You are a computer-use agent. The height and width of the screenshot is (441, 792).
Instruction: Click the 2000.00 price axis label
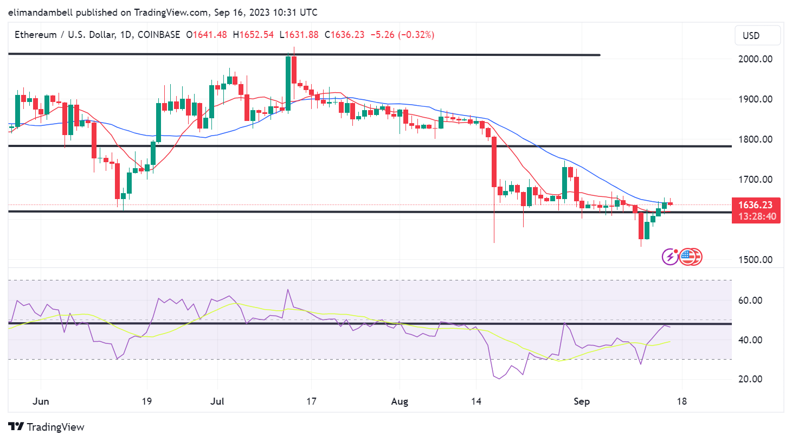click(x=755, y=59)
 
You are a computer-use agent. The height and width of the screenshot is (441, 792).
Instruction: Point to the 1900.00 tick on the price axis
click(x=755, y=99)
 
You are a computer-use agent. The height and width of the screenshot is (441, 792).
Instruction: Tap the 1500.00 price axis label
click(x=755, y=260)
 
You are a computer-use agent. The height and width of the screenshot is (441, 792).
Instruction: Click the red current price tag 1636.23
click(x=755, y=205)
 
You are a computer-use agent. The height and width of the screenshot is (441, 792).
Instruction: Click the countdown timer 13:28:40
click(x=757, y=216)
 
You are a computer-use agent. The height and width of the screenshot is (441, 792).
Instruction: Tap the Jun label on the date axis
click(x=41, y=401)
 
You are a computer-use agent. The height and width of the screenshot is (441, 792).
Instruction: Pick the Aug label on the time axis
click(x=400, y=401)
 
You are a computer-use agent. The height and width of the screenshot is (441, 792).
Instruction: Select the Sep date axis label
click(x=582, y=401)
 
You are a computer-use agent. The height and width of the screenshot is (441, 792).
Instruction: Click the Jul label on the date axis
click(x=217, y=401)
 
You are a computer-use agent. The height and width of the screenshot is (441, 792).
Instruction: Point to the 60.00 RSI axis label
click(x=750, y=301)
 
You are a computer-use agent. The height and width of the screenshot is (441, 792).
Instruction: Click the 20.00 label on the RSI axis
click(x=750, y=379)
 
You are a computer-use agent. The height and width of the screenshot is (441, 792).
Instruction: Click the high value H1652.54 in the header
click(x=253, y=35)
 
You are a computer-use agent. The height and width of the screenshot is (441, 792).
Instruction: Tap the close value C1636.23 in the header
click(x=344, y=35)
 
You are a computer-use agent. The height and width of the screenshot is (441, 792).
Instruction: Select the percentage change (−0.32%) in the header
click(x=416, y=35)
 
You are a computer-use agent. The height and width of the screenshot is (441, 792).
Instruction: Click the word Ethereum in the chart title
click(x=35, y=35)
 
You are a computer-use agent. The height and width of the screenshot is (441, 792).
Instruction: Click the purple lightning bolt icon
click(x=670, y=257)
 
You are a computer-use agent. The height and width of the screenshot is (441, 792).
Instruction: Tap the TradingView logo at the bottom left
click(x=47, y=427)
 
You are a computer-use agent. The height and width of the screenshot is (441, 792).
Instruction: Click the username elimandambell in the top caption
click(x=40, y=12)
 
